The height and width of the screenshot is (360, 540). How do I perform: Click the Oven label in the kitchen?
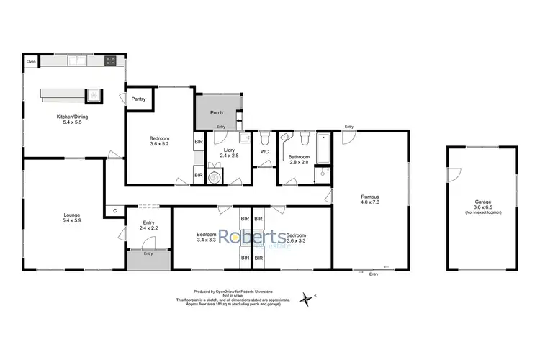(31, 63)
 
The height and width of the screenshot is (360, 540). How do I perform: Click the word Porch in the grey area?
(217, 113)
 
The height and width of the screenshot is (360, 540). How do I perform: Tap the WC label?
(264, 152)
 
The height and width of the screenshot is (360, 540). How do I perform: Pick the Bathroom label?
(299, 157)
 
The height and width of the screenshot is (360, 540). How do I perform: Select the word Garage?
(481, 202)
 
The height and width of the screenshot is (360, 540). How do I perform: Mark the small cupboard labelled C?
(114, 211)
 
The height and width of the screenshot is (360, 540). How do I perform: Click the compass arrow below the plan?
(309, 297)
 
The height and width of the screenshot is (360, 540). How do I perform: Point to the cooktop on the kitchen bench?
(111, 62)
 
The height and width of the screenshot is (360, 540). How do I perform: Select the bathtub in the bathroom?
(323, 147)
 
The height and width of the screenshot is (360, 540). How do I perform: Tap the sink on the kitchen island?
(94, 94)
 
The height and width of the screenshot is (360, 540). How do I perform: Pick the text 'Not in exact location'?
(481, 214)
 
